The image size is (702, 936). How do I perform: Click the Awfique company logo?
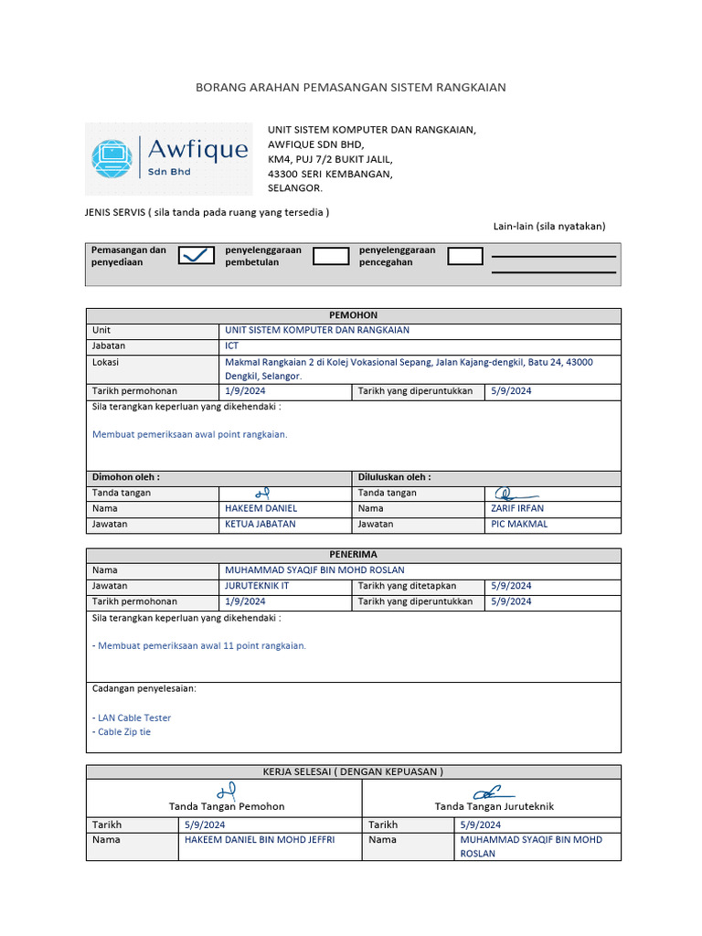pos(169,158)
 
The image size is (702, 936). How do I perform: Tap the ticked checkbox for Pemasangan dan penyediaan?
pos(197,256)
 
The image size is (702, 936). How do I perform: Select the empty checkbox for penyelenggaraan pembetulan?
pos(331,256)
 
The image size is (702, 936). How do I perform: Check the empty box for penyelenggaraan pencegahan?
pos(465,256)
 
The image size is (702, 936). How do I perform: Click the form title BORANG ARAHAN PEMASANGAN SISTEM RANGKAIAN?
pos(351,87)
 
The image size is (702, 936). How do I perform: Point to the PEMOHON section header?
pos(353,314)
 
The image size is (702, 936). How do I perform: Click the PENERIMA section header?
pos(353,554)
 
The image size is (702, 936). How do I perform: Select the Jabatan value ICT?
pos(231,346)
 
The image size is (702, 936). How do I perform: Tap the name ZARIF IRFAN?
pos(517,508)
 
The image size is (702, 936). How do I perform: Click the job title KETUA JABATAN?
pos(261,524)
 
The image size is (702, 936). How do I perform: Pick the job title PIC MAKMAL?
pos(519,524)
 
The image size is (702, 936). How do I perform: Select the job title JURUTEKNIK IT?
pos(257,585)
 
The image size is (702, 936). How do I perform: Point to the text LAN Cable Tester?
pos(133,718)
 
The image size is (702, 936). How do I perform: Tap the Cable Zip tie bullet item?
pos(123,732)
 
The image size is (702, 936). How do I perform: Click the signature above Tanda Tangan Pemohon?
pos(227,791)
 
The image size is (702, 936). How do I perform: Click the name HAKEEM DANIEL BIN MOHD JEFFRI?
pos(260,839)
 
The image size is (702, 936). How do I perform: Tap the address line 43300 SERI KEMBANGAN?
pos(330,174)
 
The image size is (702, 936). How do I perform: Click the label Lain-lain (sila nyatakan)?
pos(548,226)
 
